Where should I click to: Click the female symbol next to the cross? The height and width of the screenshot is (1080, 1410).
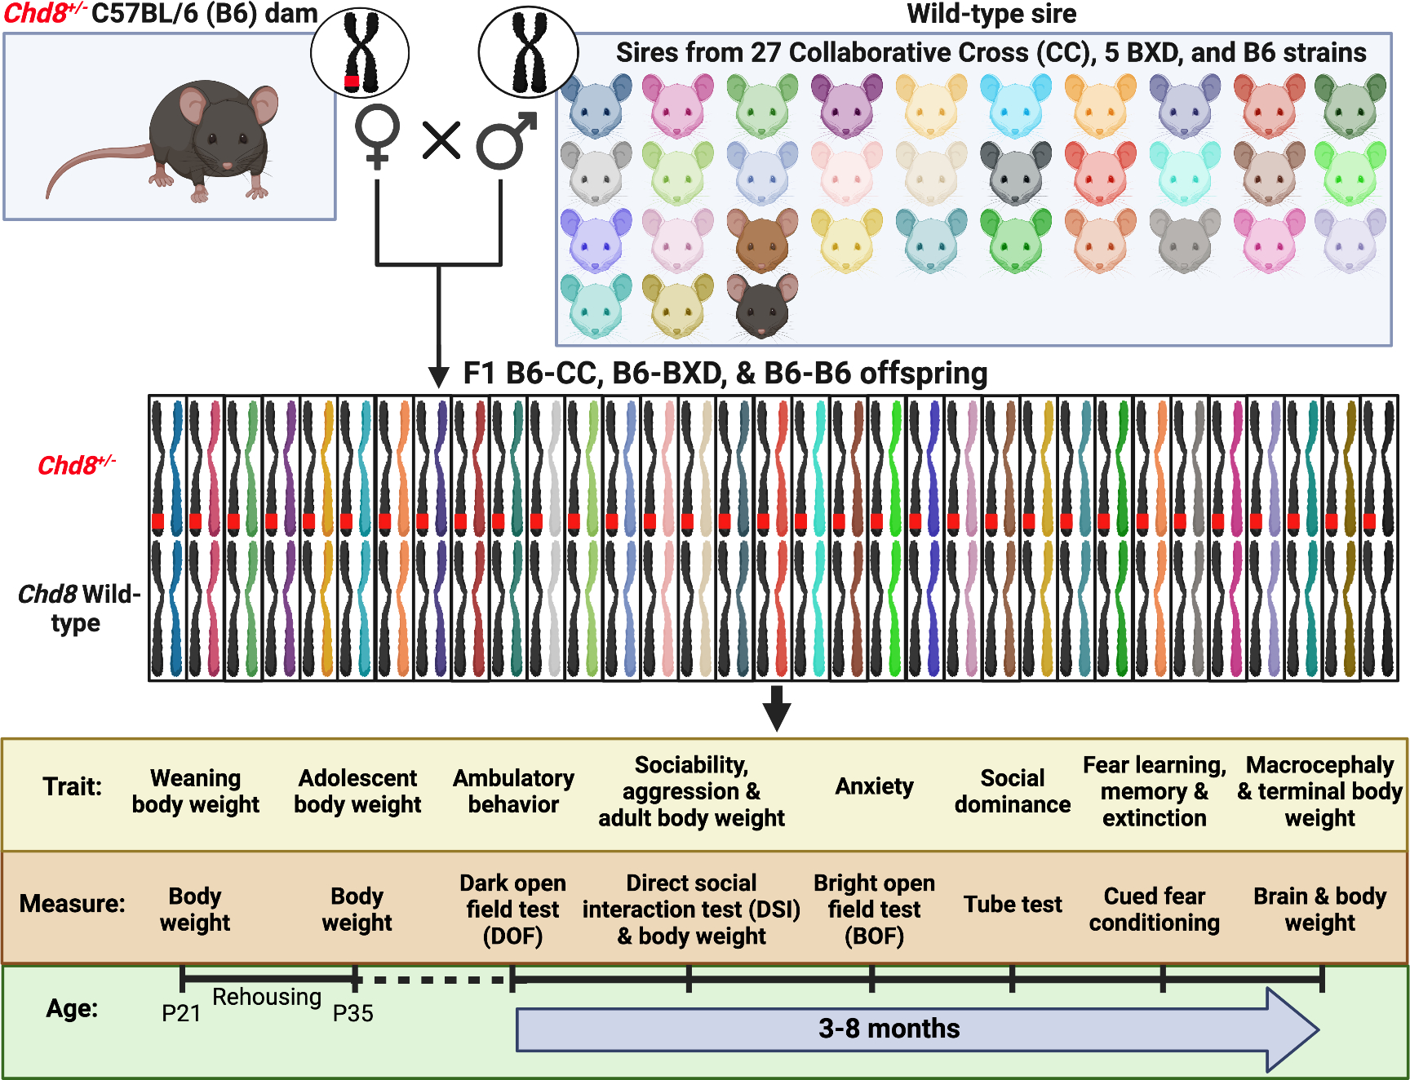coord(377,135)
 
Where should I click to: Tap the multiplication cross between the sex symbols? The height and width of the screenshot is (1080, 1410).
coord(441,139)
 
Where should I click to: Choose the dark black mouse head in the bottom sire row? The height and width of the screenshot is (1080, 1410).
coord(762,306)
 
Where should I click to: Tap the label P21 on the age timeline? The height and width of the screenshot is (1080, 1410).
coord(181,1013)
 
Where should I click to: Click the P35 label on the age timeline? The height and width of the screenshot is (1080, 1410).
coord(353,1013)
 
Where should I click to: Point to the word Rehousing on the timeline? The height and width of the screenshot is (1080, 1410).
coord(267,997)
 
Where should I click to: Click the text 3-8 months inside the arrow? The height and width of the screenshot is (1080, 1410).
coord(889,1029)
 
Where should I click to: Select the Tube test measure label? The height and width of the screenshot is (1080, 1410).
coord(1013,904)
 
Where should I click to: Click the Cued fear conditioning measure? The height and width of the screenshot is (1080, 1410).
coord(1154,909)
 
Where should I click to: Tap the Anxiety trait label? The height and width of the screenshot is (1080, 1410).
coord(874,786)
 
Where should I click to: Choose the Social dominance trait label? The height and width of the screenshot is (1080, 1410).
coord(1013,791)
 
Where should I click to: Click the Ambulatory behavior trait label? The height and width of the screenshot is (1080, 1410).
coord(513,791)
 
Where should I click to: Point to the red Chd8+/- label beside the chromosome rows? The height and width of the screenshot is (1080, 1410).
coord(76,465)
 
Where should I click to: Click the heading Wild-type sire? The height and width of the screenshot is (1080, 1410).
coord(991,14)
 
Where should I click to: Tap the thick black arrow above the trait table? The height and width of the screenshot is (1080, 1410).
coord(777,708)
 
